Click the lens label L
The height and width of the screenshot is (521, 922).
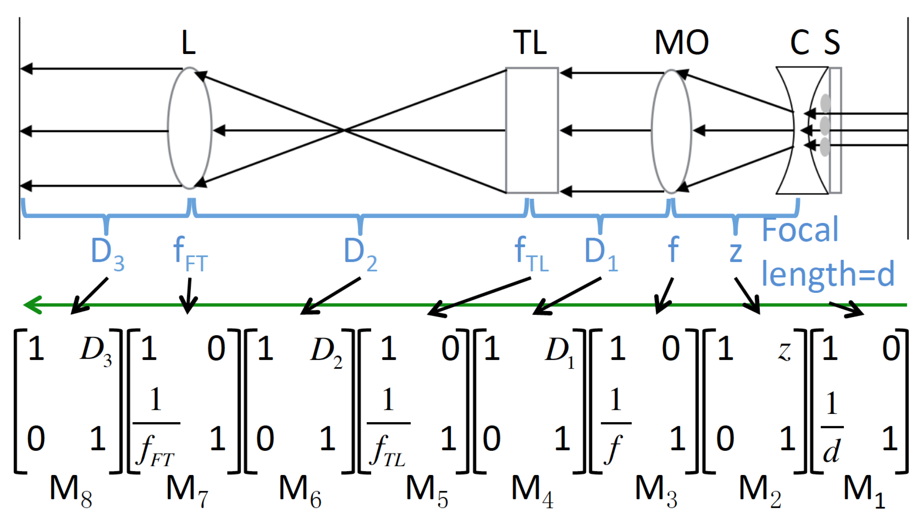tap(188, 43)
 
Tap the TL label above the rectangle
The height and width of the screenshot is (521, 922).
tap(530, 43)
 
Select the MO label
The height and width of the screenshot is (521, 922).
tap(681, 43)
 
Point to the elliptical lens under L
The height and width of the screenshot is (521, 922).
tap(190, 128)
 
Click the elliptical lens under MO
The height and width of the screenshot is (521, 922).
tap(671, 131)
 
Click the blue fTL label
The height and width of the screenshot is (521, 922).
tap(531, 254)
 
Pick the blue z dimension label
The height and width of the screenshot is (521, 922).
tap(736, 252)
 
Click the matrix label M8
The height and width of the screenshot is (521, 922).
tap(71, 490)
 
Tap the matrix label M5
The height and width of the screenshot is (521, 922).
tap(427, 490)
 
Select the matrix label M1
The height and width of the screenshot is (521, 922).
tap(864, 490)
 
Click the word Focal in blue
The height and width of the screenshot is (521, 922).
tap(800, 230)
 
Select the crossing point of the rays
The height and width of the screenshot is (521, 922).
tap(345, 130)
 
